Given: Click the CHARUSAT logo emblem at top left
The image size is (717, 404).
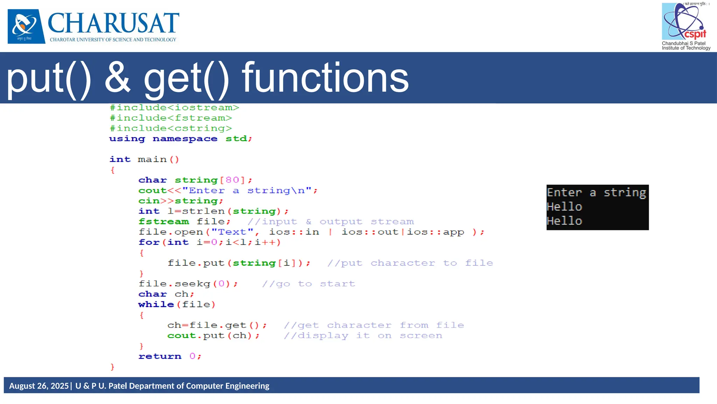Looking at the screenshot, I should click(x=26, y=26).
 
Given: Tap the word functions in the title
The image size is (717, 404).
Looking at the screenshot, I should click(x=326, y=78).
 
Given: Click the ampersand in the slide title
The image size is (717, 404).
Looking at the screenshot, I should click(x=117, y=78).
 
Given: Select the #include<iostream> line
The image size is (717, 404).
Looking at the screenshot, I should click(x=174, y=108).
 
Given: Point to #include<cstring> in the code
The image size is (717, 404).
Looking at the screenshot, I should click(x=170, y=128).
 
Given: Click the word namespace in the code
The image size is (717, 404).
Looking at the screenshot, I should click(x=185, y=139).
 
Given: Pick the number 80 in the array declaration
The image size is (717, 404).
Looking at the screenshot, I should click(x=232, y=180).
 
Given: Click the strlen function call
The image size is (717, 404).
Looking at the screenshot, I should click(x=204, y=211).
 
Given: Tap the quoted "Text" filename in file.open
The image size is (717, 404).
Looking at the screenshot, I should click(x=232, y=232).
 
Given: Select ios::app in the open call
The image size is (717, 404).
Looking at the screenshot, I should click(x=435, y=232).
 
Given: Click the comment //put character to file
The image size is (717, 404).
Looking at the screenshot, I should click(x=410, y=263).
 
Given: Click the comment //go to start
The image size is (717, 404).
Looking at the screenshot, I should click(x=308, y=284).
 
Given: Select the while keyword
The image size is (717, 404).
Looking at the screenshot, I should click(x=156, y=305).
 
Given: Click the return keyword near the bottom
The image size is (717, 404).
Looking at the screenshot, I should click(x=160, y=357).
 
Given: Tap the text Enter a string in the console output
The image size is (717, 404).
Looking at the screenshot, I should click(x=596, y=193).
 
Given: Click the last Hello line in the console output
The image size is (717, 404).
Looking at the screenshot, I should click(x=564, y=221).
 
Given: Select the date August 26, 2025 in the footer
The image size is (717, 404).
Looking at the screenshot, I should click(x=39, y=386).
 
